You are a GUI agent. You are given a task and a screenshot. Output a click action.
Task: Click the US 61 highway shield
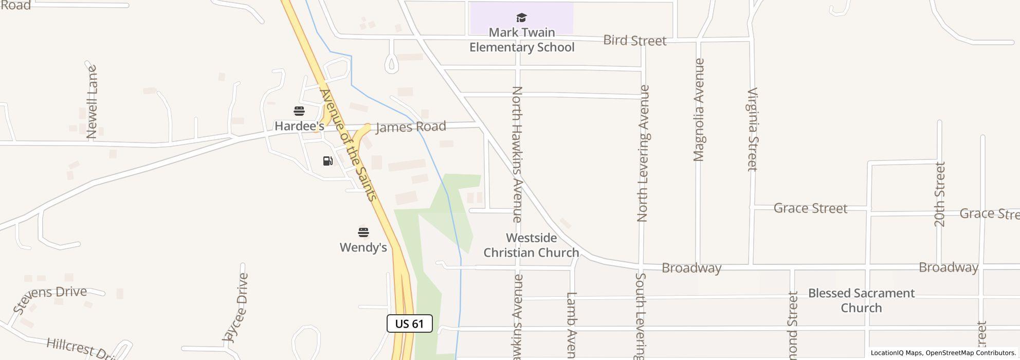(409, 323)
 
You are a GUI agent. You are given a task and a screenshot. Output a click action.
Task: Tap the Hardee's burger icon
(299, 111)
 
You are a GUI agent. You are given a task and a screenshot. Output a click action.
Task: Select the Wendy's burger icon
(363, 232)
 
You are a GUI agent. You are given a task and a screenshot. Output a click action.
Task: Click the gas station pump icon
(327, 161)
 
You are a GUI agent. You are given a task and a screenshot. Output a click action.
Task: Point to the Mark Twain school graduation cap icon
(521, 19)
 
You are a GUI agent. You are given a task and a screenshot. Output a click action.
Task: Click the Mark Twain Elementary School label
(521, 40)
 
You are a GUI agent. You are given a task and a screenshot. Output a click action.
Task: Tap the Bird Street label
(634, 41)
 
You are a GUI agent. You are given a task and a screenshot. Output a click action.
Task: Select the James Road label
(411, 127)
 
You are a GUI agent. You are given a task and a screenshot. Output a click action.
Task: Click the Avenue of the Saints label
(349, 145)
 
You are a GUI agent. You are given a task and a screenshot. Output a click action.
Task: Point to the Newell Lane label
(92, 102)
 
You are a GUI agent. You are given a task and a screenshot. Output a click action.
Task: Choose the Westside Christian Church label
(531, 245)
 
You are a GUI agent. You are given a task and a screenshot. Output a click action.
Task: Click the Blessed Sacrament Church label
(861, 300)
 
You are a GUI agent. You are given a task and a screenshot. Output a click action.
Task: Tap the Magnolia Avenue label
(699, 110)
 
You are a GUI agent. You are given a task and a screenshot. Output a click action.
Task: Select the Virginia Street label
(752, 129)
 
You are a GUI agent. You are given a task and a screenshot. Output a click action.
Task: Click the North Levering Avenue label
(643, 153)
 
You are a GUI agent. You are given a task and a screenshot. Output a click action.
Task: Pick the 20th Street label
(939, 194)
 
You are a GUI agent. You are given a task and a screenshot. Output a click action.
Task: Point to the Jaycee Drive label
(236, 308)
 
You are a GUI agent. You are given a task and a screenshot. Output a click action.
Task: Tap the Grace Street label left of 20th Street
(810, 208)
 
